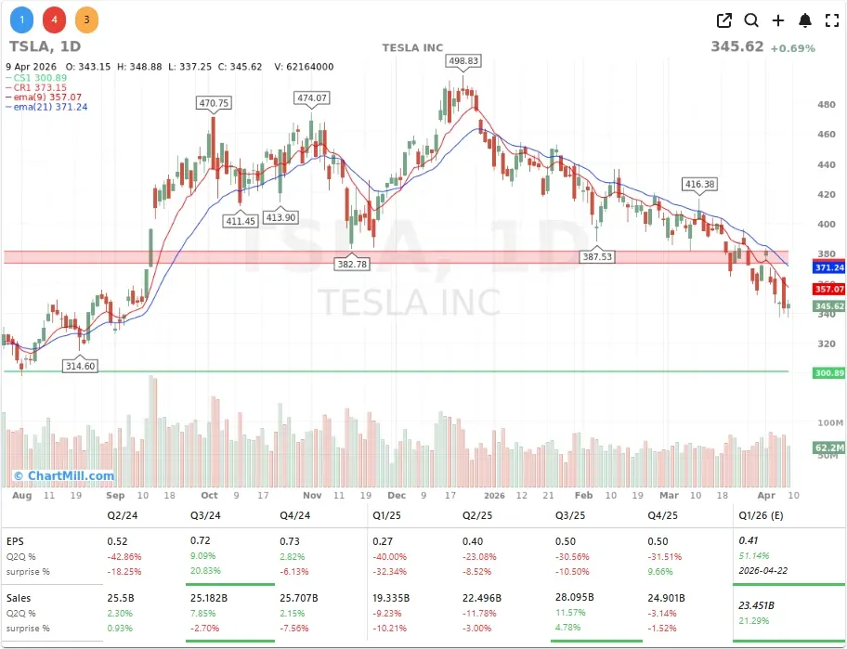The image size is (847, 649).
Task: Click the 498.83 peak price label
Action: coord(463,60)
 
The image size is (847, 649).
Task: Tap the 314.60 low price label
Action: coord(80,366)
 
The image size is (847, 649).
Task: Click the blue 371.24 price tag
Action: coord(828,267)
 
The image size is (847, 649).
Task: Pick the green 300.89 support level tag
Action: coord(828,372)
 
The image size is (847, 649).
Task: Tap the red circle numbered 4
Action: coord(54,19)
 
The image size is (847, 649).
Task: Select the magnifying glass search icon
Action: coord(751,20)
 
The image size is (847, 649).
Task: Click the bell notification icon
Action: coord(805,20)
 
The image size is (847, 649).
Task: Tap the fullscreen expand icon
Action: coord(832,20)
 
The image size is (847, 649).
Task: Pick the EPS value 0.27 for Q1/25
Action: coord(382,540)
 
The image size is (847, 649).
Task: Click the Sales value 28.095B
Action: coord(574,599)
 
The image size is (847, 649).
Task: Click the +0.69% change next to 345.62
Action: coord(792,47)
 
